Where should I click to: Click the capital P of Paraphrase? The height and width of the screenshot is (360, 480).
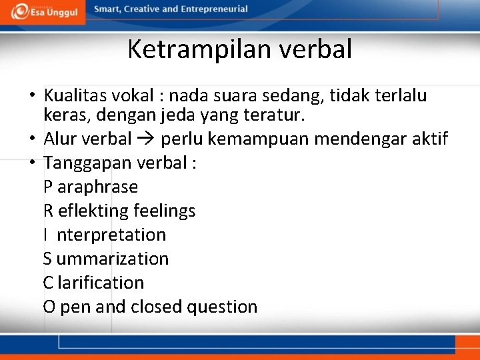(48, 187)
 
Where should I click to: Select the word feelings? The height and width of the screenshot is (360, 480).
(165, 211)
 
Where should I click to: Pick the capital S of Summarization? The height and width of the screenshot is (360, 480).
(48, 259)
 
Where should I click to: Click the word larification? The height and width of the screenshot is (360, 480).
(101, 283)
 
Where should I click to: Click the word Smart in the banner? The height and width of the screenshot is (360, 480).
(107, 9)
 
